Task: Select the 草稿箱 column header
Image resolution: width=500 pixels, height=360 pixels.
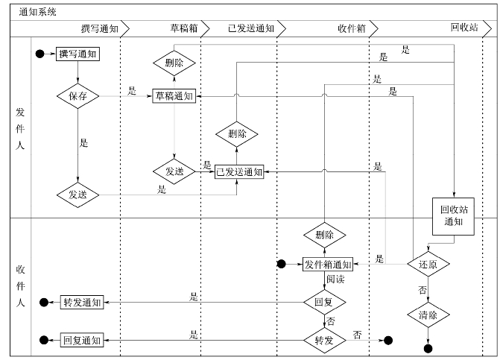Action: [x=182, y=28]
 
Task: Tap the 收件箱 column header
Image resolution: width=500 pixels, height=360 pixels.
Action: [x=350, y=28]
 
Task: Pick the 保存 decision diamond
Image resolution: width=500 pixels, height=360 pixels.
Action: [x=78, y=96]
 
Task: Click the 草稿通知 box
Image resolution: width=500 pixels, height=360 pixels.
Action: [x=174, y=96]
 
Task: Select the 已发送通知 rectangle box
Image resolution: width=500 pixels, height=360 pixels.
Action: [x=239, y=171]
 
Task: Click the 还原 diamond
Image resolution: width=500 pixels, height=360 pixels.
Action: [x=428, y=264]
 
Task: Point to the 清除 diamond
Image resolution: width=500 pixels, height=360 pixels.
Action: [x=428, y=315]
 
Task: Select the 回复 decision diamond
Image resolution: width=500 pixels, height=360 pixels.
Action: [x=323, y=302]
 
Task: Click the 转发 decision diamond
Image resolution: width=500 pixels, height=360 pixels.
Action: [x=323, y=340]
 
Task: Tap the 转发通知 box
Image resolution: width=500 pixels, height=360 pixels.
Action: [x=81, y=302]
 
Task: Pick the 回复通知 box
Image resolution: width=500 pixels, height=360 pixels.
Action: [x=81, y=340]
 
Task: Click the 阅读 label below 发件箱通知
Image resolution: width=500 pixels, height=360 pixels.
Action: [x=335, y=280]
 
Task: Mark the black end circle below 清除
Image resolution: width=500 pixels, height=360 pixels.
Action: [x=428, y=348]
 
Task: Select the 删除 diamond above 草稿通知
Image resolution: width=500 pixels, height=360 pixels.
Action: [x=174, y=63]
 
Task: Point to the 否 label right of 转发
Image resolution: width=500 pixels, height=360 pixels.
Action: [x=357, y=335]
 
